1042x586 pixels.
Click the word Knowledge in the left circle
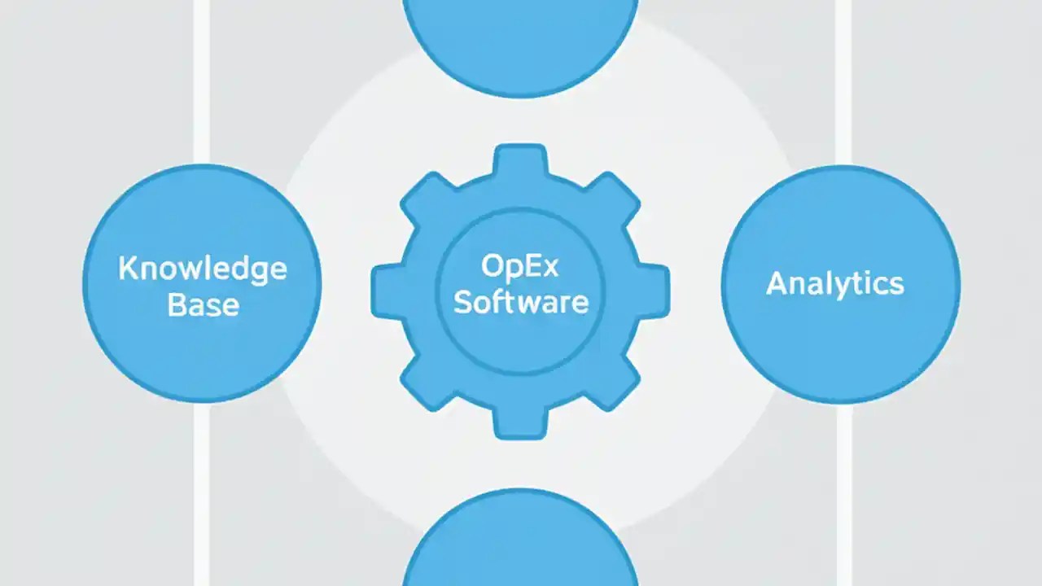tap(203, 269)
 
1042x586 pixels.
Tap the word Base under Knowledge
tap(203, 305)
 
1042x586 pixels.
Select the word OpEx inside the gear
tap(520, 266)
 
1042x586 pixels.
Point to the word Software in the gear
tap(520, 302)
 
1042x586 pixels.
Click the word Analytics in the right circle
tap(835, 284)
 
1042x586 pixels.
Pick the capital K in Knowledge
tap(127, 269)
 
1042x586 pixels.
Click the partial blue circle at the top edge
tap(520, 41)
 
